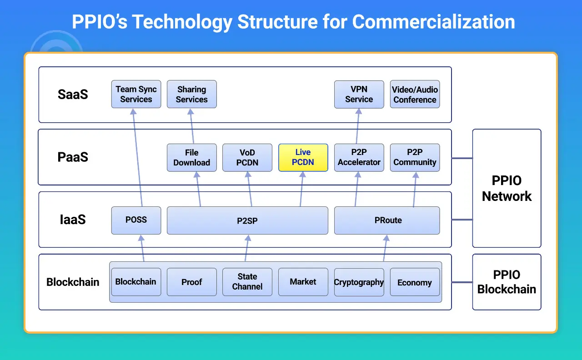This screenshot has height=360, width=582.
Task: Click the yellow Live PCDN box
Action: [x=303, y=158]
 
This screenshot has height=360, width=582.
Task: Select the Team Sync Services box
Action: [x=136, y=94]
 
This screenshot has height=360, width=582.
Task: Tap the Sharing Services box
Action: [x=191, y=94]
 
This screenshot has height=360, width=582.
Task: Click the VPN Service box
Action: [x=359, y=94]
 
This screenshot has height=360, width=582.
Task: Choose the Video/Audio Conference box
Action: [x=415, y=94]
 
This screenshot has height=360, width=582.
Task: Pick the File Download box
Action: [x=191, y=158]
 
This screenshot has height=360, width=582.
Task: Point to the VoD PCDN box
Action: [x=247, y=158]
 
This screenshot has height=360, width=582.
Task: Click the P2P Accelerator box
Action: [x=359, y=158]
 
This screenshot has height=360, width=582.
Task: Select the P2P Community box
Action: [x=415, y=158]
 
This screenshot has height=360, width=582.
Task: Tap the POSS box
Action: [x=136, y=220]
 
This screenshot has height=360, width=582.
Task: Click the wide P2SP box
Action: [x=247, y=220]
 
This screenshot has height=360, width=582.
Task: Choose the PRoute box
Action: [x=387, y=220]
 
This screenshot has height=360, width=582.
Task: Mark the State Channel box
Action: [x=247, y=282]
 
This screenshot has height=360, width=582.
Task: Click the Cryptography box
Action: [x=359, y=282]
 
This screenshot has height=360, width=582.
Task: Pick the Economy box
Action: [x=415, y=282]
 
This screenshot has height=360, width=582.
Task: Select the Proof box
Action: [x=191, y=282]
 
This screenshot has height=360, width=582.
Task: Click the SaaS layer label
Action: [x=73, y=95]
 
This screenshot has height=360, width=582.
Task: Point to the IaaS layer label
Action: [x=73, y=220]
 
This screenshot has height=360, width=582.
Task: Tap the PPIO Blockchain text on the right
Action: [x=507, y=282]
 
